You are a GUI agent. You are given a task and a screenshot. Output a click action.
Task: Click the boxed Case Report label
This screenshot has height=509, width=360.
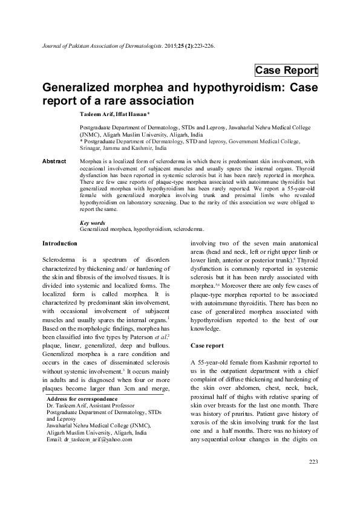pos(286,70)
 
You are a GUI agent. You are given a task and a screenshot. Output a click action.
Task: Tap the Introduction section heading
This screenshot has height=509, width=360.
pos(59,243)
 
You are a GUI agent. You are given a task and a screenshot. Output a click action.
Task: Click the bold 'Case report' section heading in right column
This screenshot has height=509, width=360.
pos(208,346)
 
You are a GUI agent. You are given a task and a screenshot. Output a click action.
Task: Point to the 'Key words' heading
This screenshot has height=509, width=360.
pos(93,223)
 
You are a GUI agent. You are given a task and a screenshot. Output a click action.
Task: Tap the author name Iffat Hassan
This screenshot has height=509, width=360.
pos(136,114)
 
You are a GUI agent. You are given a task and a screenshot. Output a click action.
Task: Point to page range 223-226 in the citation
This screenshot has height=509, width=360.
pos(200,45)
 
